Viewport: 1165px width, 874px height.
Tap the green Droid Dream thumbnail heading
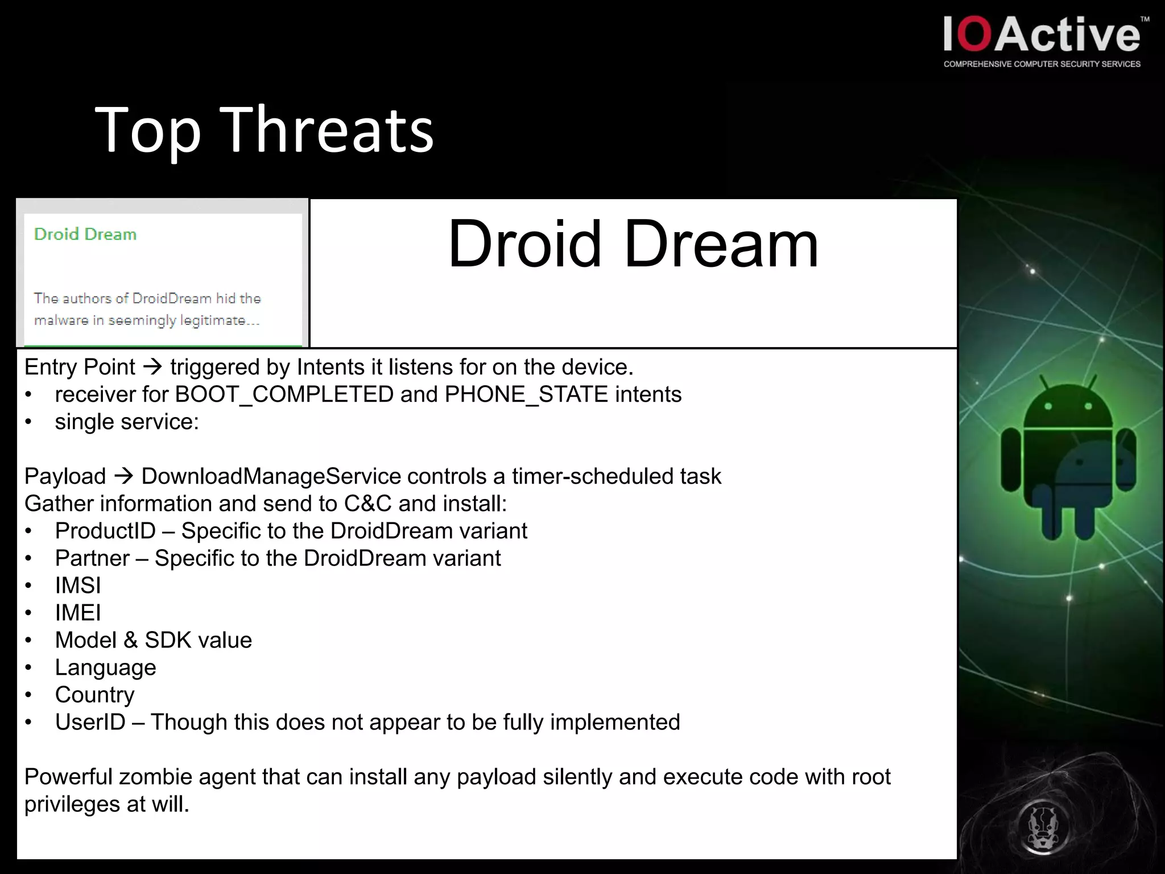click(85, 234)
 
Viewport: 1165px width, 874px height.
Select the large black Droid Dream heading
click(633, 245)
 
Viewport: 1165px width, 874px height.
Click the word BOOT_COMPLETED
click(284, 394)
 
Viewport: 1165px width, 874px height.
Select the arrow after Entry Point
click(152, 367)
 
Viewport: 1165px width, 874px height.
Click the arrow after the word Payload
click(123, 476)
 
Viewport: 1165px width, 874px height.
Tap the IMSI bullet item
click(78, 586)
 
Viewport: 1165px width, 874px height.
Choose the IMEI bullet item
click(78, 613)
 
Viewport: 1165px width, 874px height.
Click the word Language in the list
click(105, 667)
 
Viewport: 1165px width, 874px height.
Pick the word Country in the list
click(94, 695)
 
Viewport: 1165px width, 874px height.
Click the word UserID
click(90, 722)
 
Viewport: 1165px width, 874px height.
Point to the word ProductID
click(105, 531)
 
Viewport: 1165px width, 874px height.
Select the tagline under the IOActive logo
click(1042, 64)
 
